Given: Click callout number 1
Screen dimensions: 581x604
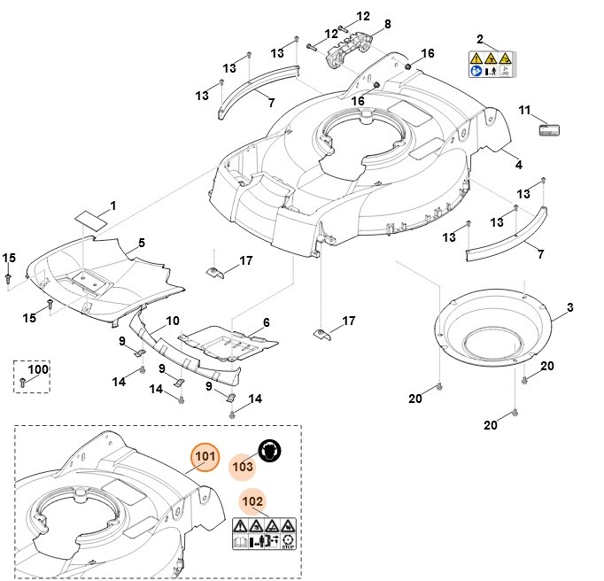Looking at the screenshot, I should (x=112, y=206).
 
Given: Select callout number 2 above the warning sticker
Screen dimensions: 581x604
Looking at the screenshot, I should (x=480, y=40).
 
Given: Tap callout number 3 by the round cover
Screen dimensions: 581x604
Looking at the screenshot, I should (x=569, y=307).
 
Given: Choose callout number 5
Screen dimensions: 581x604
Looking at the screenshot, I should (x=142, y=242).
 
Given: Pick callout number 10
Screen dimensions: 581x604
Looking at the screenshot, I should (x=173, y=320).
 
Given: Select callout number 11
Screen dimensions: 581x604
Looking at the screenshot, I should (x=524, y=111).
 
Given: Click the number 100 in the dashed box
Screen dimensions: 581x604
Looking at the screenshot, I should (x=38, y=368).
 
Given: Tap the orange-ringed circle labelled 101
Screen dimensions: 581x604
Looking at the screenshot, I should (x=205, y=457).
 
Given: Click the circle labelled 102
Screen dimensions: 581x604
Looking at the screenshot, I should (x=252, y=501).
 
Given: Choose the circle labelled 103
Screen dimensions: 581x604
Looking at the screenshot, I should (x=243, y=465).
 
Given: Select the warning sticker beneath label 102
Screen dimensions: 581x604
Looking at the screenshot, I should (x=265, y=533).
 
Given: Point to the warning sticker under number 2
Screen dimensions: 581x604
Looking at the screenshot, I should (x=491, y=64).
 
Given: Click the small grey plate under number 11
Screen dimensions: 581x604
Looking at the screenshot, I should (x=549, y=130).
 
